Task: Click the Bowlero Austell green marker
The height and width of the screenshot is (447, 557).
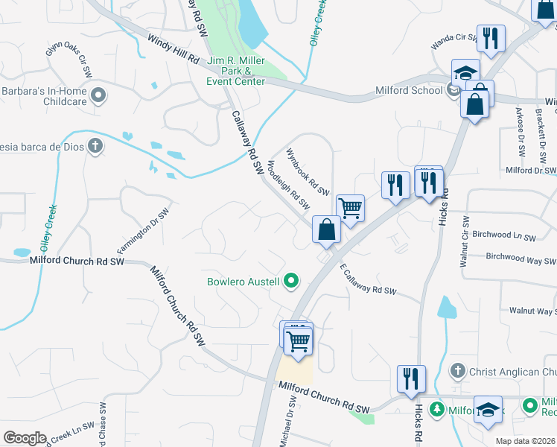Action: pos(292,281)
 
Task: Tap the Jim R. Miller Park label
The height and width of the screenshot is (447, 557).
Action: pos(237,71)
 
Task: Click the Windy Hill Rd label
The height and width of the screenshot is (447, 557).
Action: pos(174,49)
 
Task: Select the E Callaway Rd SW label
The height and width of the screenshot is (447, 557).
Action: pos(368,282)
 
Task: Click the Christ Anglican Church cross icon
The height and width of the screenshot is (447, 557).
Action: pos(459,370)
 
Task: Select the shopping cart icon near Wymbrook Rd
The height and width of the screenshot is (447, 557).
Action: pos(349,207)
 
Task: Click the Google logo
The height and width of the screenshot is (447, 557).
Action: pos(25,438)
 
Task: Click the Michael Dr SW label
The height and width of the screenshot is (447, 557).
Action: pos(289,422)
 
